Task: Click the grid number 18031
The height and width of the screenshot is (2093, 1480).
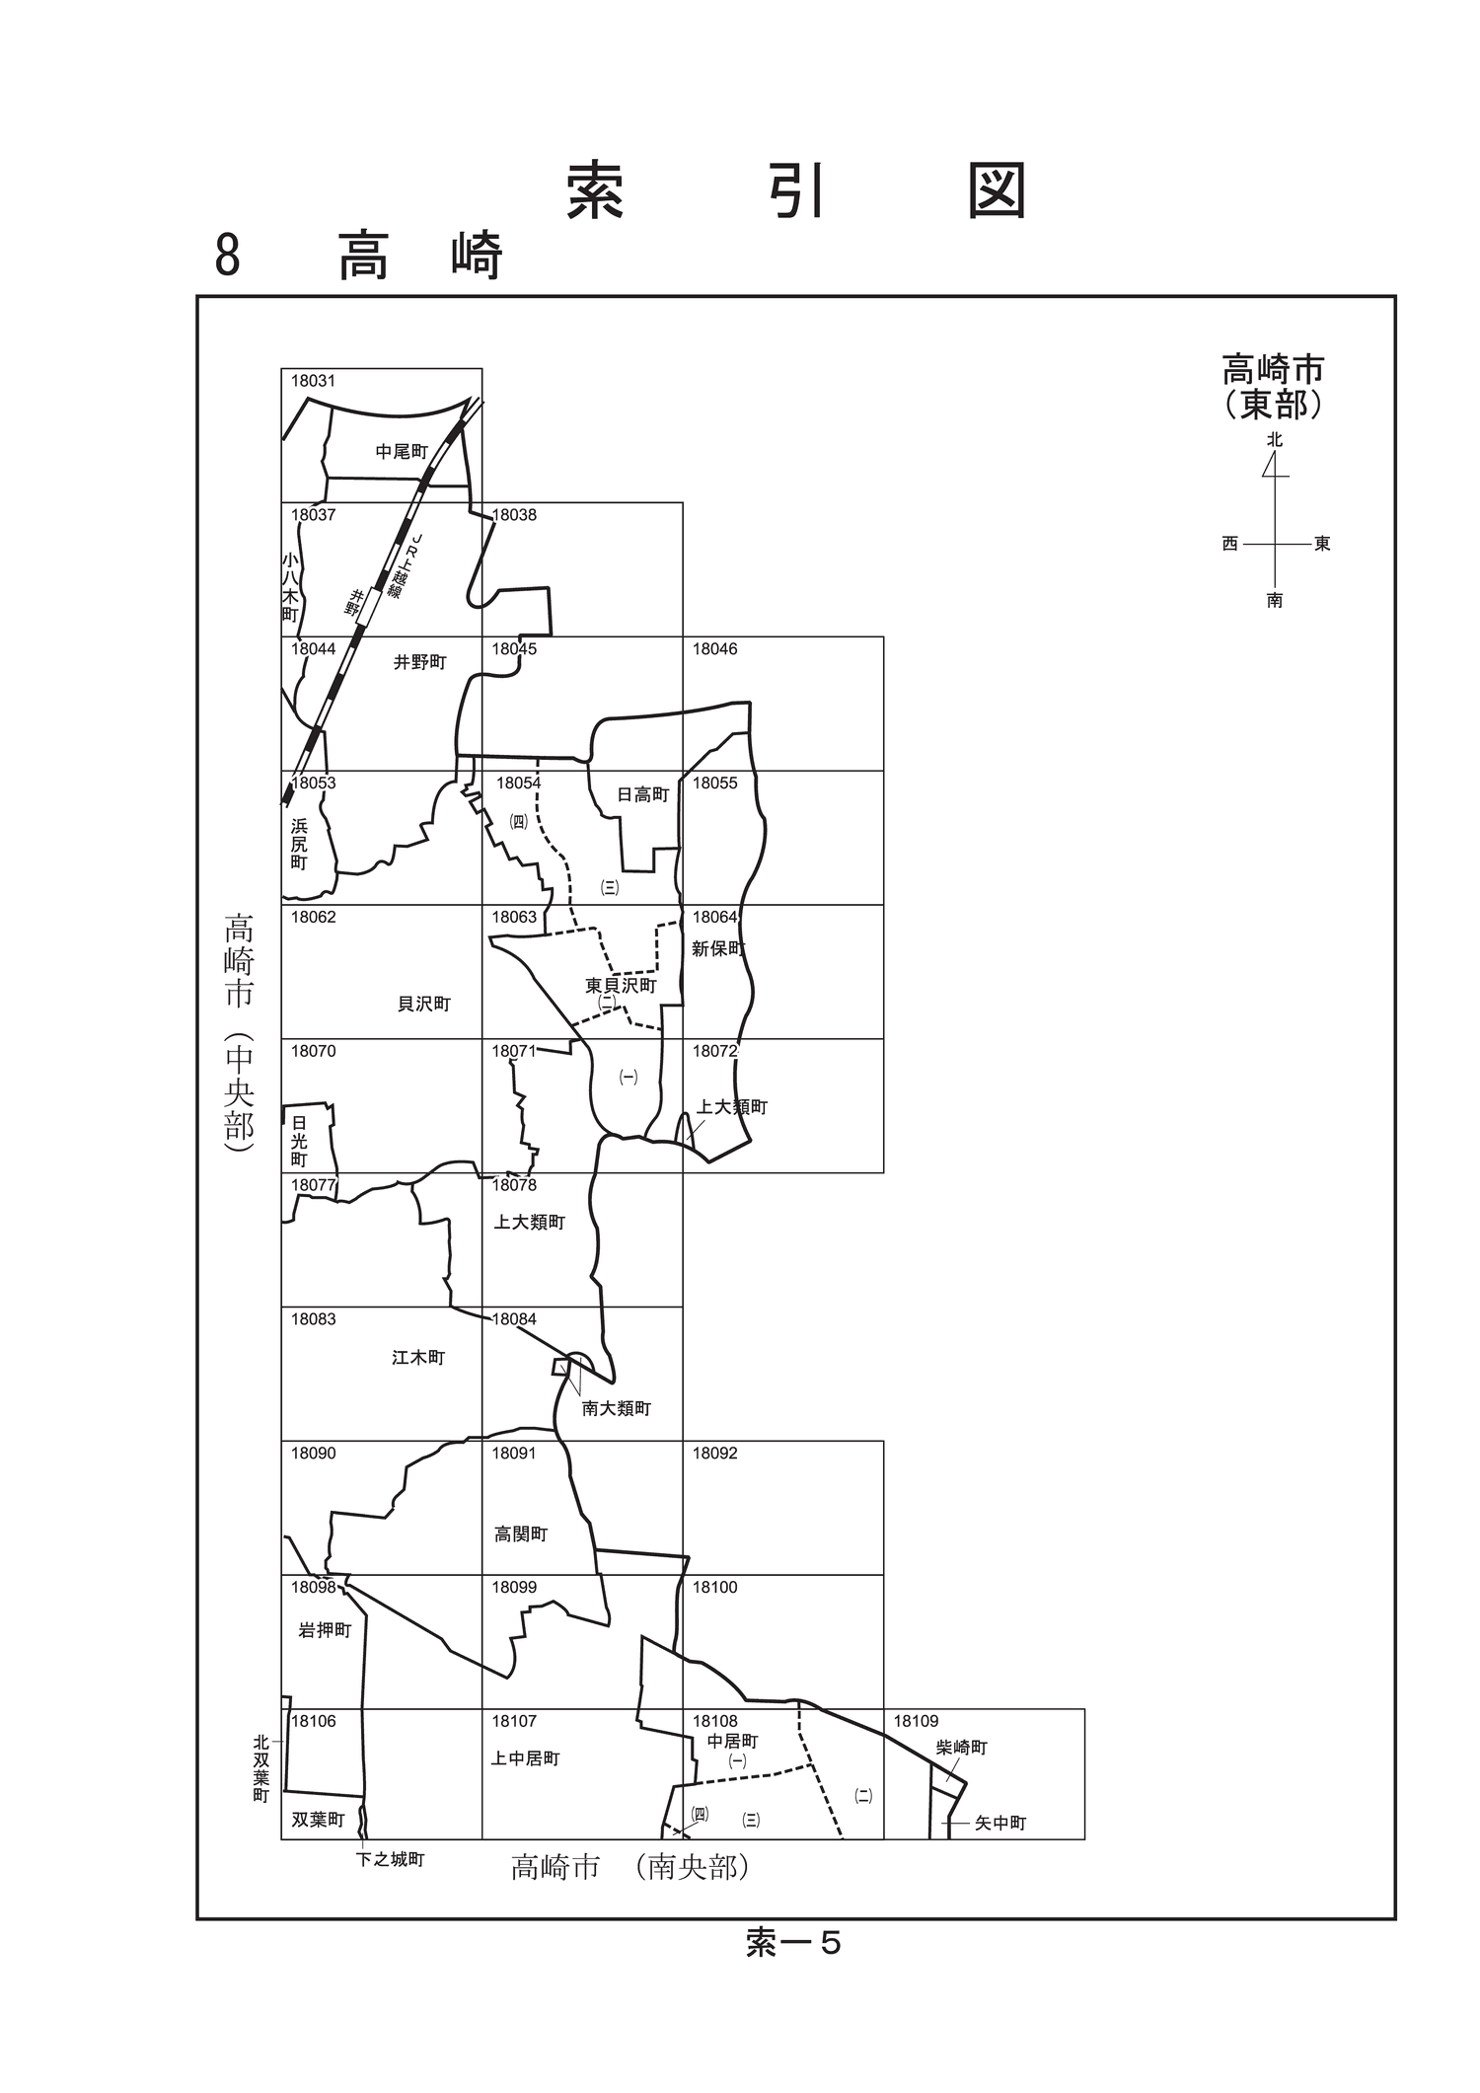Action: click(x=313, y=381)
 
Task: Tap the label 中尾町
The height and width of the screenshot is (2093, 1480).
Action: click(x=402, y=452)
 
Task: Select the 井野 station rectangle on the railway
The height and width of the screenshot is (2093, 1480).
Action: click(x=367, y=608)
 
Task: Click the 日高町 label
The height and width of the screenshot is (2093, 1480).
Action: click(x=643, y=794)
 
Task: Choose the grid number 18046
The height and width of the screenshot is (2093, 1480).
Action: click(x=714, y=649)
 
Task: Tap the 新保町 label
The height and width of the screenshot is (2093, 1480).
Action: click(x=718, y=948)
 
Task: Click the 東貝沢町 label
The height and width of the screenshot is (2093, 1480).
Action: click(x=621, y=985)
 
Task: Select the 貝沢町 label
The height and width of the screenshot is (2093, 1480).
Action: click(x=424, y=1004)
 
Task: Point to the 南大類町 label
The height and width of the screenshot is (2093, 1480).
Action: click(x=617, y=1408)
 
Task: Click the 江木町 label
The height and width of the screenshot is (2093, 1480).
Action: click(x=418, y=1358)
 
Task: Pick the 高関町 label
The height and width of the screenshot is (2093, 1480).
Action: click(x=521, y=1534)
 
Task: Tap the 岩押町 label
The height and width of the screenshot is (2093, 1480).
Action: click(x=325, y=1630)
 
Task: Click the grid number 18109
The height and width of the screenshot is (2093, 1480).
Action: click(x=916, y=1721)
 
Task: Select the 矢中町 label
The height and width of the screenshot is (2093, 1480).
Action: click(x=1000, y=1824)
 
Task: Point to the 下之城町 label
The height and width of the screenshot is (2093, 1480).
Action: click(x=391, y=1860)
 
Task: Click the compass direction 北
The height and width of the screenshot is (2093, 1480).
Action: click(x=1275, y=440)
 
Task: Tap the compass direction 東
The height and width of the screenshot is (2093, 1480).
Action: click(x=1322, y=544)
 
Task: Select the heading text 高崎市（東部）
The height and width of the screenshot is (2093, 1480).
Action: click(x=1273, y=387)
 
